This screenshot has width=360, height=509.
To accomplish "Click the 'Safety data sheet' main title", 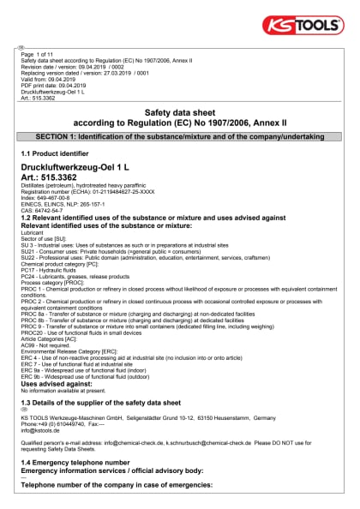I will pyautogui.click(x=180, y=112).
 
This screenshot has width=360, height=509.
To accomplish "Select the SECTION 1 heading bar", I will pyautogui.click(x=180, y=137).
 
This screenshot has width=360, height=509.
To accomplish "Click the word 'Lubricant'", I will pyautogui.click(x=33, y=232).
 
